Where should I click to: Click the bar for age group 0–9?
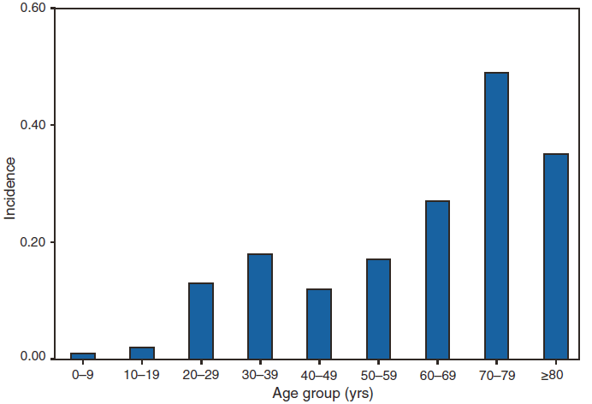pyautogui.click(x=83, y=355)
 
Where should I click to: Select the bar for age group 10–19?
pyautogui.click(x=142, y=353)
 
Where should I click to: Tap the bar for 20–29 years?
pyautogui.click(x=201, y=320)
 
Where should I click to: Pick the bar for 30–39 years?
pyautogui.click(x=260, y=306)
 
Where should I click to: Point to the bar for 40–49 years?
pyautogui.click(x=319, y=324)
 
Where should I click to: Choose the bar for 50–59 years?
pyautogui.click(x=378, y=308)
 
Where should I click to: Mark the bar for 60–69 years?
pyautogui.click(x=437, y=279)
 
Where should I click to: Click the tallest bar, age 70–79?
pyautogui.click(x=496, y=215)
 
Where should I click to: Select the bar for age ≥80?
pyautogui.click(x=555, y=256)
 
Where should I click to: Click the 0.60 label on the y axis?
pyautogui.click(x=34, y=9)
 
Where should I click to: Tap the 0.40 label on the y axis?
pyautogui.click(x=34, y=125)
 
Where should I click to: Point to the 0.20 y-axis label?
pyautogui.click(x=34, y=242)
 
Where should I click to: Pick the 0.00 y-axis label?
pyautogui.click(x=34, y=358)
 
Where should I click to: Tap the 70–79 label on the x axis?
pyautogui.click(x=496, y=373)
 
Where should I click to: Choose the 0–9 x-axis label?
pyautogui.click(x=83, y=373)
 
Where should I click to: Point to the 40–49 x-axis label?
pyautogui.click(x=319, y=373)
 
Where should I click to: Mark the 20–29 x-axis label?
pyautogui.click(x=201, y=373)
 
